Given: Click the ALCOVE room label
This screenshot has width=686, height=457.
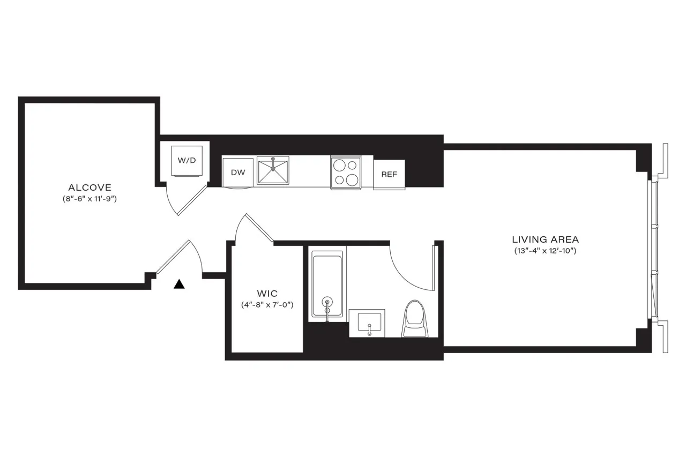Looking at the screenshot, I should pos(90,188).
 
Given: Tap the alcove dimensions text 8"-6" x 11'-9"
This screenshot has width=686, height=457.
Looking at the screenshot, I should pos(90,199).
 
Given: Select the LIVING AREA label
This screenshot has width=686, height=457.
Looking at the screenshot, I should pos(545,239).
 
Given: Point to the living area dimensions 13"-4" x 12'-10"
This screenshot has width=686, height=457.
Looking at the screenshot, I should pos(545,251).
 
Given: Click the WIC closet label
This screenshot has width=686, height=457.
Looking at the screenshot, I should pos(266,294).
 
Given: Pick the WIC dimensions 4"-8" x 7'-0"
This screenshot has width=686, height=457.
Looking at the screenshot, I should pos(266,305).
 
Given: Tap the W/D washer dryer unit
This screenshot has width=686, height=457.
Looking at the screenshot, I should pos(187,160).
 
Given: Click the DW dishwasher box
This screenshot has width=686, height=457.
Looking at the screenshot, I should pos(237,172).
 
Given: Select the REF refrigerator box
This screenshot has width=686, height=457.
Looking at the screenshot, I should pos(389,174).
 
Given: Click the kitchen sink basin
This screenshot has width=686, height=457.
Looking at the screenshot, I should pos(273,171).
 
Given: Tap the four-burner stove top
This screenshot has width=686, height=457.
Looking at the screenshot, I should pos(346,172).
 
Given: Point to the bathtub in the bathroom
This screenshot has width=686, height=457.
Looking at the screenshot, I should pos(327,286).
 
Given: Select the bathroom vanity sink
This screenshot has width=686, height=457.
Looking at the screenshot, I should pos(367,323).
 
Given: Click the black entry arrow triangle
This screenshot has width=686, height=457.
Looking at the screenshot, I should pos(179,284).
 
